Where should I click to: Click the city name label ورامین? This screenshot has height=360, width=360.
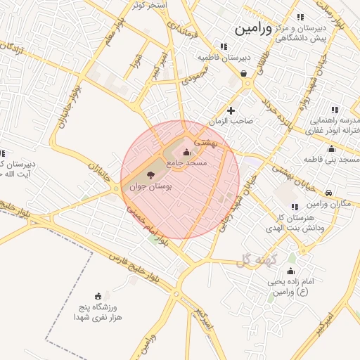[252, 29]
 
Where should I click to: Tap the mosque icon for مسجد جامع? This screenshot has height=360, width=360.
[186, 153]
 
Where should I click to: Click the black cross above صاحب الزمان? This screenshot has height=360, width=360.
[231, 110]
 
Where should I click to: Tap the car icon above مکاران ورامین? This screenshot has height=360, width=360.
[329, 193]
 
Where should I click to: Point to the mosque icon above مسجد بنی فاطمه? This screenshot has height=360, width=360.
[331, 148]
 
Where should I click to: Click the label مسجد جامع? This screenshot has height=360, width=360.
[187, 162]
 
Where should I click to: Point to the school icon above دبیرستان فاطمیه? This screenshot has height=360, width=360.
[223, 46]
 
